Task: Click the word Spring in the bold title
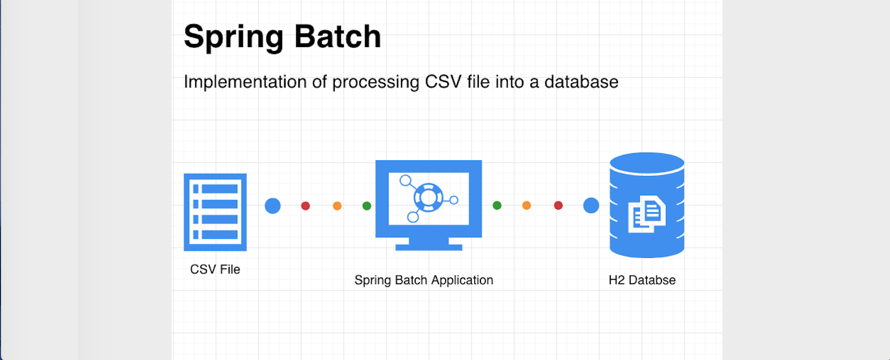coord(234,37)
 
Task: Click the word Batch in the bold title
coord(337,36)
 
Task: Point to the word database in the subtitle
coord(581,82)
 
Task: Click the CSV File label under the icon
coord(215,269)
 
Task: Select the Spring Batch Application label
coord(424,280)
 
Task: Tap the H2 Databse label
coord(642,280)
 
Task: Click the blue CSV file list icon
coord(215,212)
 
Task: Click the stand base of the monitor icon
coord(428,247)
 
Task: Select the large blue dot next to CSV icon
coord(273,206)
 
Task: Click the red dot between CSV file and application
coord(305,206)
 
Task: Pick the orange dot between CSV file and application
coord(337,206)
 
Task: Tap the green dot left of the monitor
coord(367,206)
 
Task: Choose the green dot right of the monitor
coord(497,205)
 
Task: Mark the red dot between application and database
coord(558,205)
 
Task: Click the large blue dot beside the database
coord(591,205)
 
